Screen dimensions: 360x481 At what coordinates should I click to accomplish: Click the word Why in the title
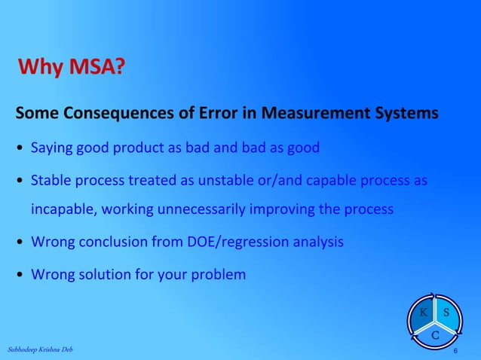[x=41, y=70]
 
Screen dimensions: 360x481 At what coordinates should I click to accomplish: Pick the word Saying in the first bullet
[x=49, y=148]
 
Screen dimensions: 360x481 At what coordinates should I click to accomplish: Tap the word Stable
[x=49, y=181]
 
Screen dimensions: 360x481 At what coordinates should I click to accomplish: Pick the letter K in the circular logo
[x=424, y=312]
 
